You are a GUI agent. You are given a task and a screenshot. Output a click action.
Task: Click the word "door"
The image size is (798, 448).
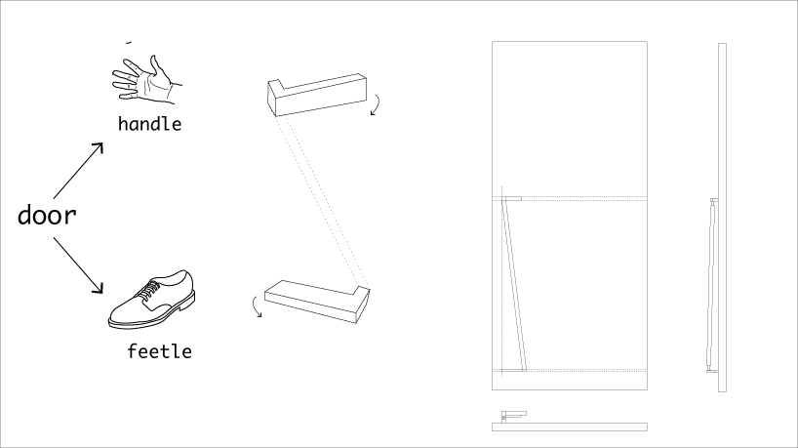(47, 216)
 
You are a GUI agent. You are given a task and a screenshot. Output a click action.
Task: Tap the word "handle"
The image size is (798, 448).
(149, 124)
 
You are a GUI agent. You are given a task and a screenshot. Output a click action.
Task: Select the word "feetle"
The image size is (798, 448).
(159, 351)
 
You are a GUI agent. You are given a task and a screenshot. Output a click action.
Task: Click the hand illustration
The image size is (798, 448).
(146, 79)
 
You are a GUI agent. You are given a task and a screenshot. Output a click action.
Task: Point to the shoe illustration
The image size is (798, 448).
(151, 300)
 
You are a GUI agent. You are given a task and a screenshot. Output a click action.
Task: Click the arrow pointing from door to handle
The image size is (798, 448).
(78, 171)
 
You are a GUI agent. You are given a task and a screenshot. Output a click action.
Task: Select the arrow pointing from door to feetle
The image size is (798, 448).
(78, 265)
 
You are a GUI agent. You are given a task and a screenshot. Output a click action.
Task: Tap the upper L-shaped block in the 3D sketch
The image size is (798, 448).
(317, 95)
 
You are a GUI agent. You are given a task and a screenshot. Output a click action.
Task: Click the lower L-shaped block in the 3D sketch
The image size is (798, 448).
(317, 302)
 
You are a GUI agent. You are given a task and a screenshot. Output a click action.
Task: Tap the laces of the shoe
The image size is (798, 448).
(148, 290)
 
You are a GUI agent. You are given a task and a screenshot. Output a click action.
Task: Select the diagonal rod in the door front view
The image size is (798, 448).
(515, 285)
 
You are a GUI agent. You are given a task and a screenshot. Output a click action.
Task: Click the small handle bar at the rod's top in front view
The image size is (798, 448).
(512, 198)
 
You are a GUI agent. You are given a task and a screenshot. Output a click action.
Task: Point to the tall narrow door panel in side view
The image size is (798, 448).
(722, 218)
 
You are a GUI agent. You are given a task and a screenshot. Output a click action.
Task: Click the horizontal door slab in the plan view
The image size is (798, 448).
(570, 428)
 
